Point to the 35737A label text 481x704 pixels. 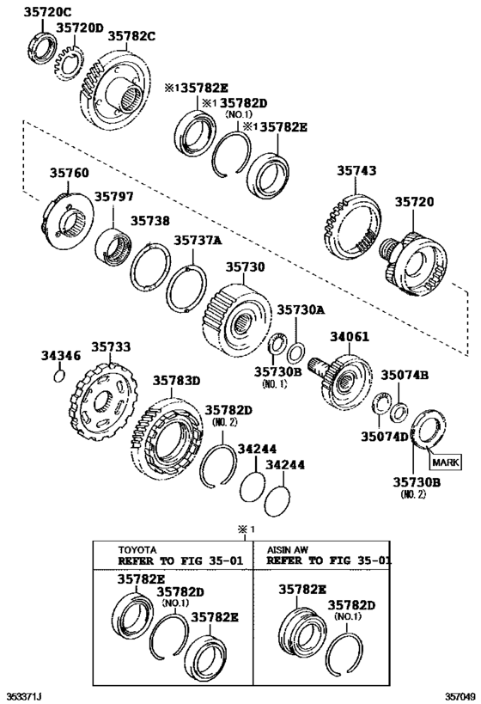coord(199,241)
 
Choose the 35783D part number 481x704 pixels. coord(176,380)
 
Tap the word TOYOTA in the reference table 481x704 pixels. coord(137,548)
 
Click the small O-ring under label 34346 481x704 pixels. coord(58,376)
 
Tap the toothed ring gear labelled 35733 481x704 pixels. coord(101,403)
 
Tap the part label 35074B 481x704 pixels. coord(405,375)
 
